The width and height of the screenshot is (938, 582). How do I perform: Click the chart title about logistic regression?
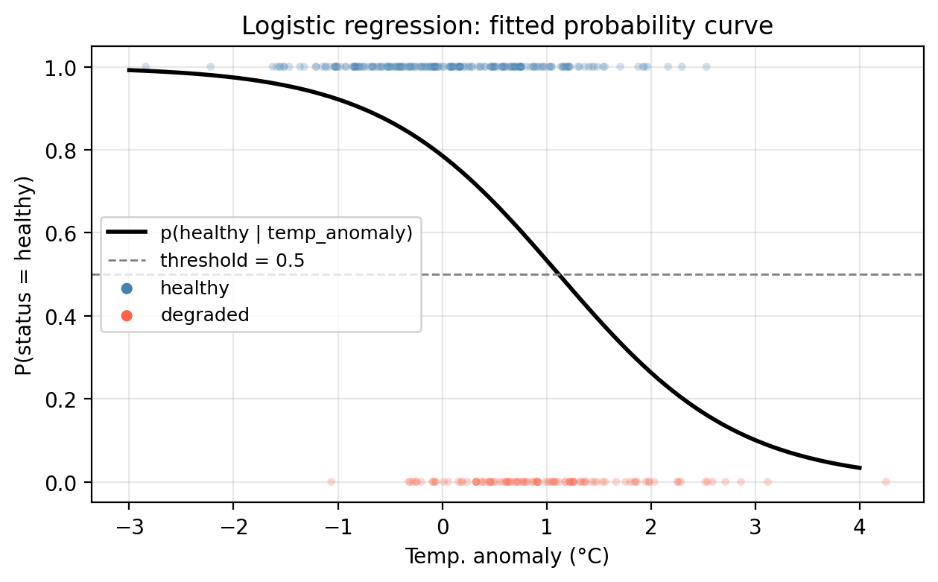click(x=507, y=26)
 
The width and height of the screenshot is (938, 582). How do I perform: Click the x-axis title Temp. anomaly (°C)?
click(x=507, y=557)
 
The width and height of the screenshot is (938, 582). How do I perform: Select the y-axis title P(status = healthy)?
click(x=28, y=275)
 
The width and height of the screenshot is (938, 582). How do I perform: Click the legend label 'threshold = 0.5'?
click(x=231, y=261)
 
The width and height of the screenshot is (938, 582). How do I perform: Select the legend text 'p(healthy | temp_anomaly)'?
click(x=286, y=233)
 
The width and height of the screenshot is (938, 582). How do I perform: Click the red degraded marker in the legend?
click(x=127, y=315)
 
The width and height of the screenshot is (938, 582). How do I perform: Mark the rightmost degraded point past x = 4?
click(x=886, y=481)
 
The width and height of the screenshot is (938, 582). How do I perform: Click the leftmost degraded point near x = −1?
click(x=331, y=481)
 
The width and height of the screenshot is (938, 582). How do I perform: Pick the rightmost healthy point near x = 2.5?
click(x=706, y=66)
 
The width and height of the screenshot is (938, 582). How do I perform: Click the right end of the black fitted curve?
click(x=860, y=468)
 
